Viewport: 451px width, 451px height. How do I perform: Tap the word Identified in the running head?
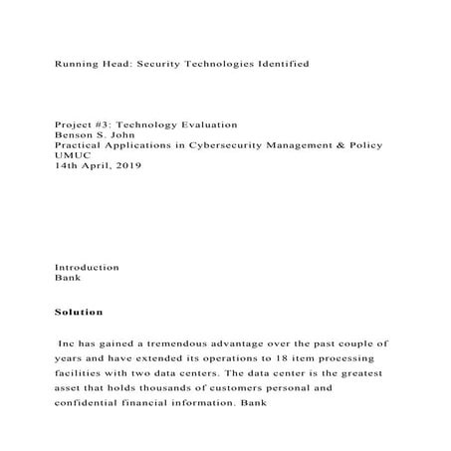[x=275, y=63]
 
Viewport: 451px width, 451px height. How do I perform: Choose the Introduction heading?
[x=87, y=268]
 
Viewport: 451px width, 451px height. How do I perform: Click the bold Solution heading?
[x=79, y=313]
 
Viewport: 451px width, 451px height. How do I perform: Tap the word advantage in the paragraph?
[x=248, y=342]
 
